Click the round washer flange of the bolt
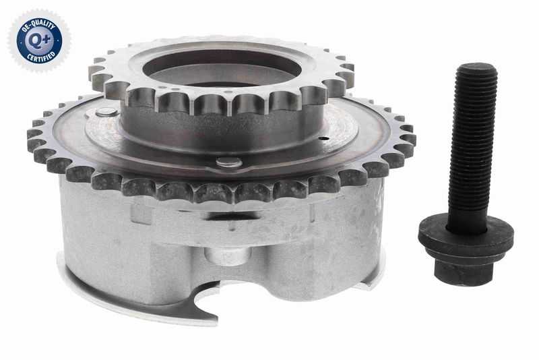tap(466, 236)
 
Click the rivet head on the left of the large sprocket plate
tap(106, 112)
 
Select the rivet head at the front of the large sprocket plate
tap(229, 162)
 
